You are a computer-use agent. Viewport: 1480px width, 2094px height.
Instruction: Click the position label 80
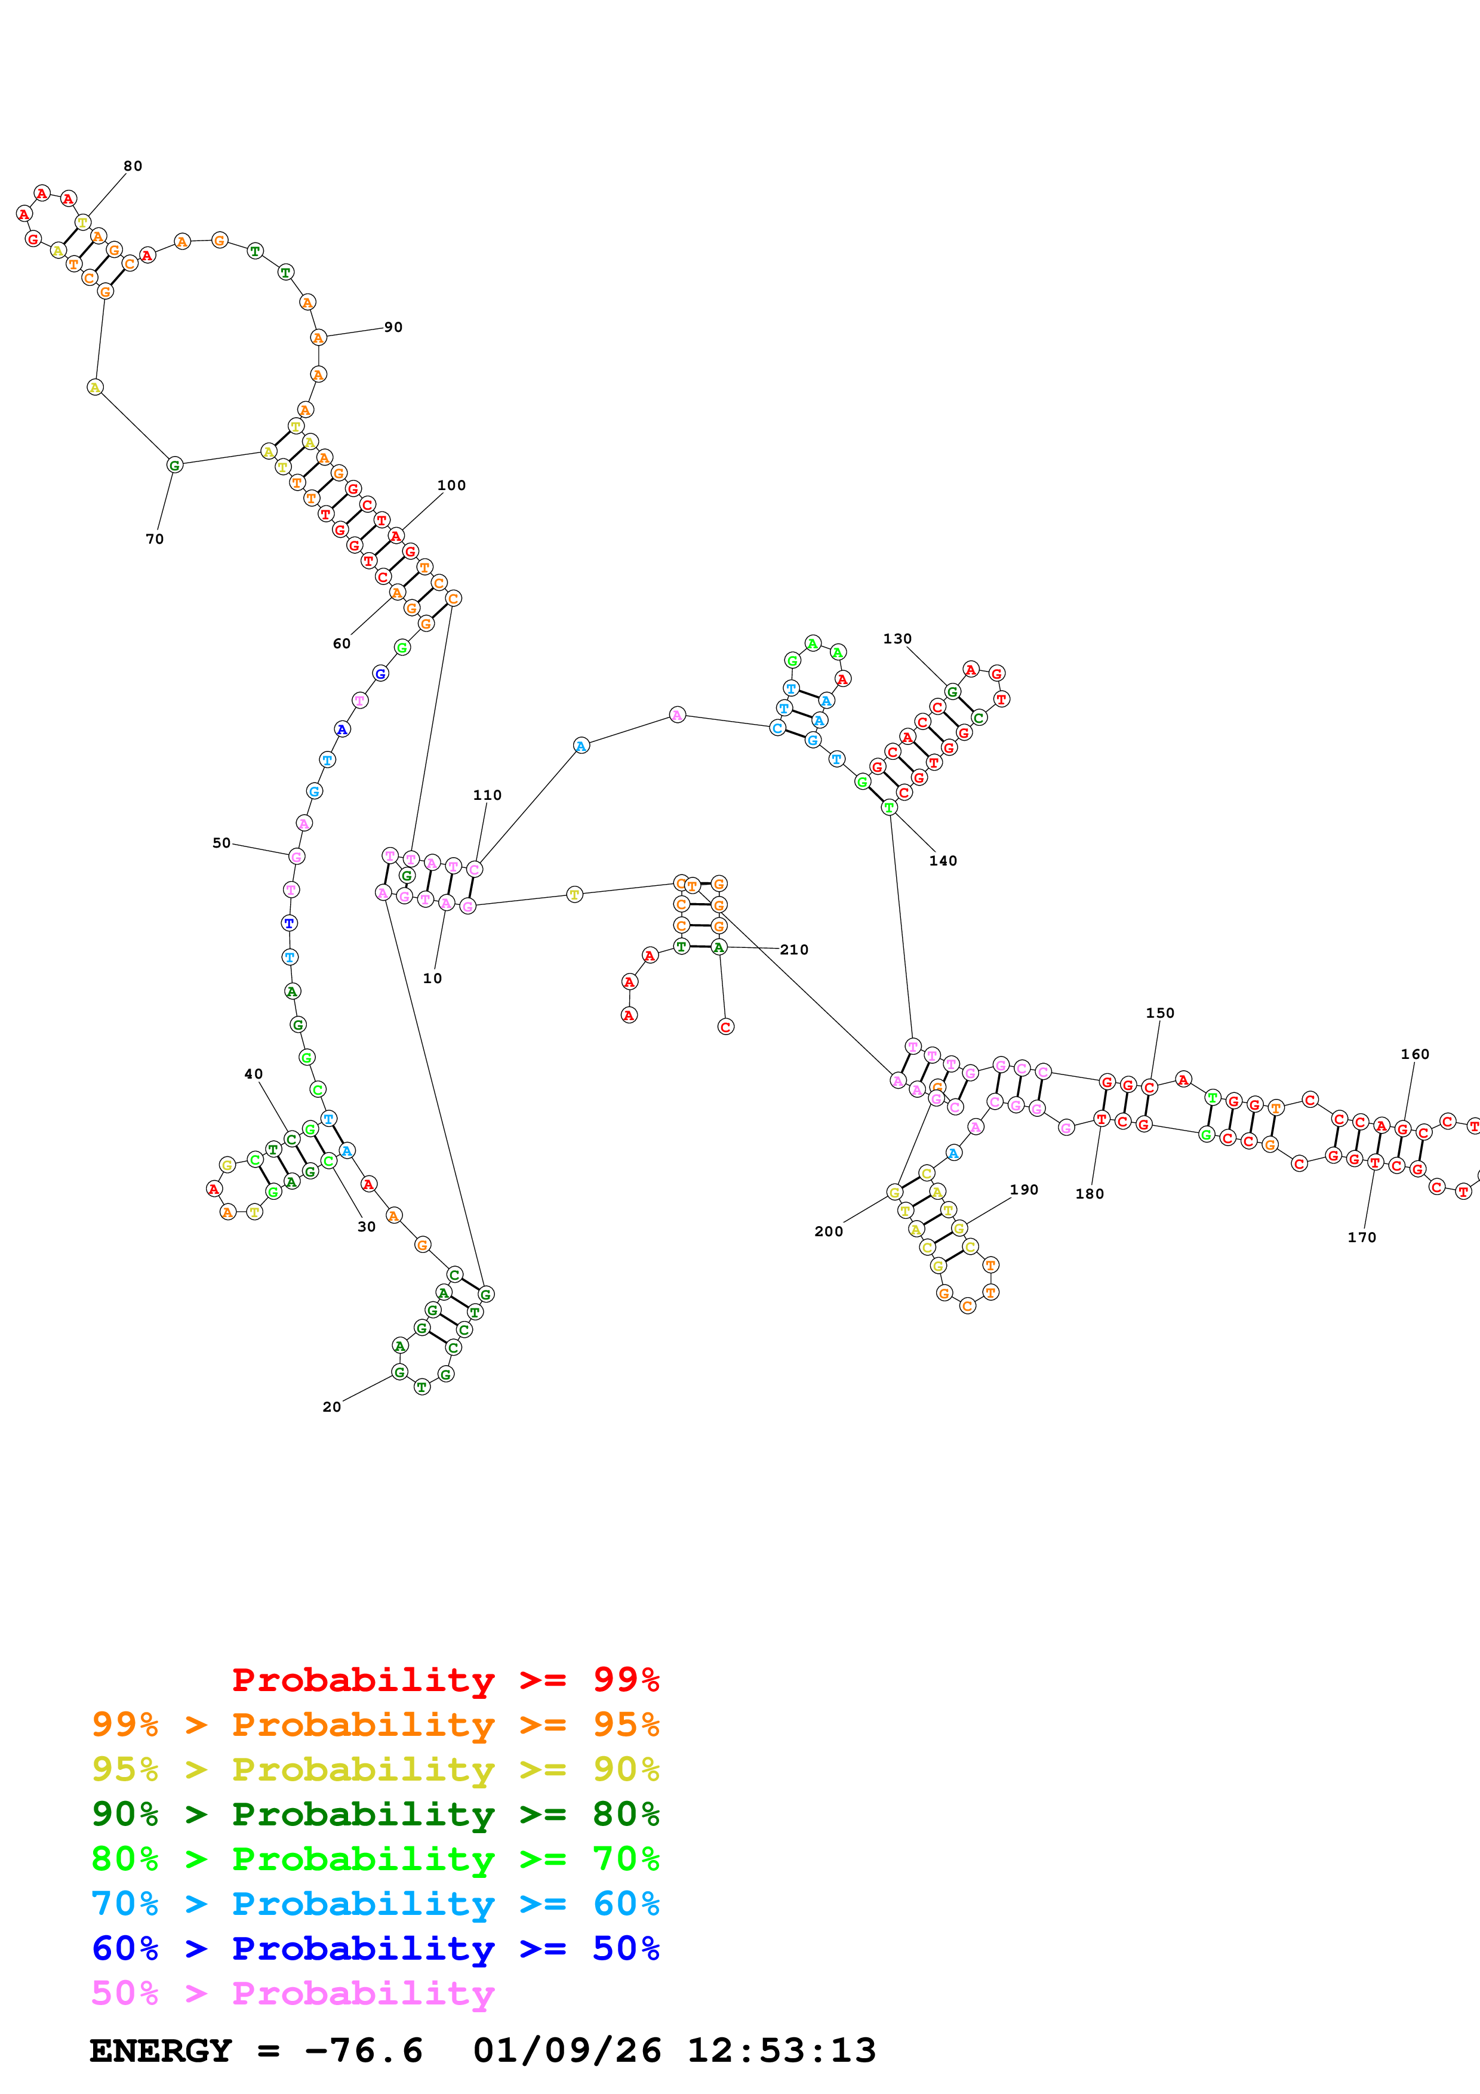133,166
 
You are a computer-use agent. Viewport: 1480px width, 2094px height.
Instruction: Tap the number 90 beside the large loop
393,328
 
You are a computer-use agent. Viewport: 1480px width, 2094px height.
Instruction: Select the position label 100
451,485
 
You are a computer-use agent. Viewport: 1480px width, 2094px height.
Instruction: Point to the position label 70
155,539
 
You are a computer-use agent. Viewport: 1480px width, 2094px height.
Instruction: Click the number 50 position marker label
221,843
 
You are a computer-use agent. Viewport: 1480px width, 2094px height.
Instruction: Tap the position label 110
487,795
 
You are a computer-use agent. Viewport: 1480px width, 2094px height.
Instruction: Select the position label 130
897,639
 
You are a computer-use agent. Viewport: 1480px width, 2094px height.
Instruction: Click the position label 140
943,861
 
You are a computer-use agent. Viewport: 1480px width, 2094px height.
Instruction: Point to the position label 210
794,950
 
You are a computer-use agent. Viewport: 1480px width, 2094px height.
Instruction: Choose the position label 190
1024,1189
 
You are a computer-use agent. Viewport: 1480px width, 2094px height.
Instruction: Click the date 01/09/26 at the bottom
567,2051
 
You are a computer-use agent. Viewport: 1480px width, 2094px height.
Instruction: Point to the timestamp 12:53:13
781,2051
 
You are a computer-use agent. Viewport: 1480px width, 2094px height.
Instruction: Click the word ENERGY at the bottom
161,2051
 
